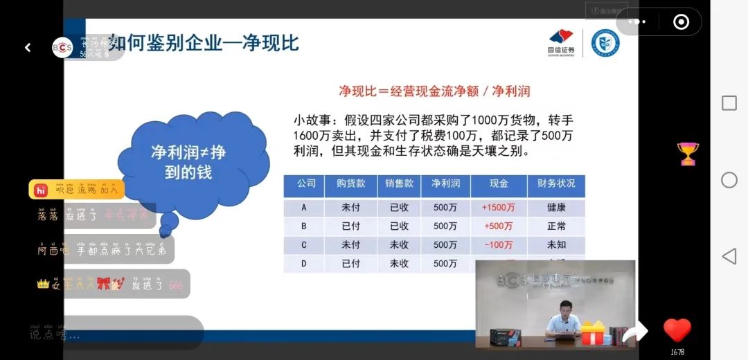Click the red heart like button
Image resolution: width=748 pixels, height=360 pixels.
(677, 331)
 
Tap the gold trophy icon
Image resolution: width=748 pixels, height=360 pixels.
(688, 154)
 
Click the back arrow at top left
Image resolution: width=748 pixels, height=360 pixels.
(28, 48)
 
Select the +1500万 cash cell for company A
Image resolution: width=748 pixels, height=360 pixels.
(498, 208)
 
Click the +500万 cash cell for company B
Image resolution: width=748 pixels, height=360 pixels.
(498, 226)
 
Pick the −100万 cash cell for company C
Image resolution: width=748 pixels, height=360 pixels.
(498, 245)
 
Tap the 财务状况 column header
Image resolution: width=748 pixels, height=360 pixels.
(556, 184)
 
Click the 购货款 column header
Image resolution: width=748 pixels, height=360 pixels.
(351, 184)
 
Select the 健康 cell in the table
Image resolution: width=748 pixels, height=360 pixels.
(556, 208)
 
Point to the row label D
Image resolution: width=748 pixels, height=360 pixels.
(303, 264)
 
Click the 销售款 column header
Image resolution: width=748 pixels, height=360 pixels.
(399, 184)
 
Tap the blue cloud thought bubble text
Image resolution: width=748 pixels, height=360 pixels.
(188, 162)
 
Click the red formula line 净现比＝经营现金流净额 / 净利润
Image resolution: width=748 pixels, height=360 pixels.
(434, 91)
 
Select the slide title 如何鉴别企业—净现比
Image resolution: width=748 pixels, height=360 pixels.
(204, 43)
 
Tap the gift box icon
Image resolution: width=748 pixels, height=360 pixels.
(593, 333)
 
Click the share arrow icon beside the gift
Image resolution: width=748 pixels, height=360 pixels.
(634, 333)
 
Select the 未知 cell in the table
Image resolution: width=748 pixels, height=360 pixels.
(556, 245)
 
